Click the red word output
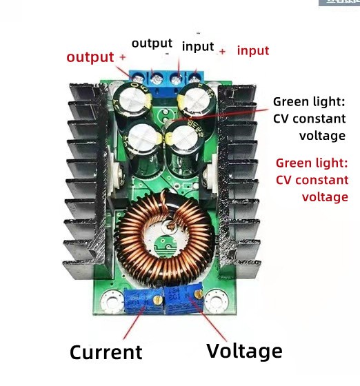coord(90,57)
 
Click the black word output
coord(152,43)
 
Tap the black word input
coord(198,46)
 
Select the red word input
coord(253,50)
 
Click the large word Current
coord(106,352)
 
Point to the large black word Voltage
coord(244,350)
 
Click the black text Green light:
coord(309,101)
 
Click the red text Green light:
coord(312,163)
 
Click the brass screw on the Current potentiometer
coord(157,299)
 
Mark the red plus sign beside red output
coord(123,57)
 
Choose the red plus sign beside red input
coord(223,51)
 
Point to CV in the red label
coord(285,180)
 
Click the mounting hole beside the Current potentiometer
coord(109,302)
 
